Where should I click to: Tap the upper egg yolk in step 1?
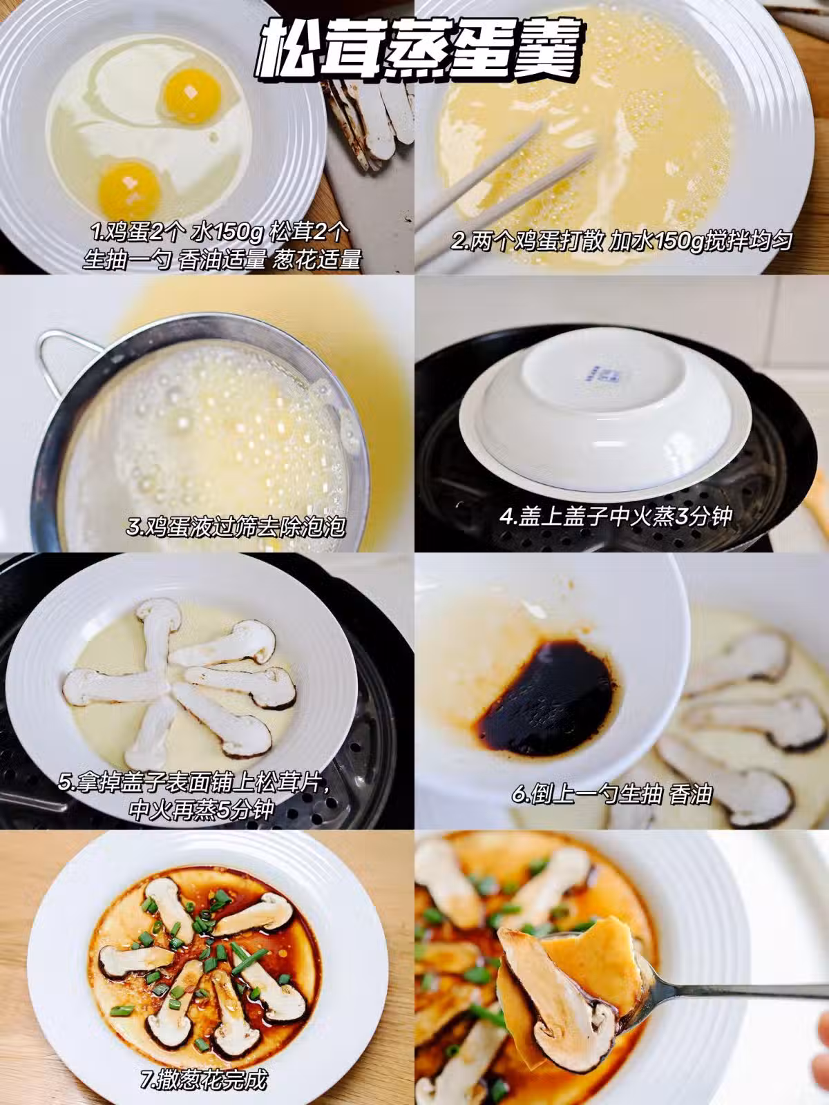tap(192, 95)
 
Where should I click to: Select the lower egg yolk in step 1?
tap(129, 191)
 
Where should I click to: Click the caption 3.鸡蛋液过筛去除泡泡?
tap(236, 526)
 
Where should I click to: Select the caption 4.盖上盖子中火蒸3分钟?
tap(615, 517)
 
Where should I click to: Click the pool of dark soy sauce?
tap(547, 698)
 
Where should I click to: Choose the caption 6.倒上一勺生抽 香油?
tap(611, 794)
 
